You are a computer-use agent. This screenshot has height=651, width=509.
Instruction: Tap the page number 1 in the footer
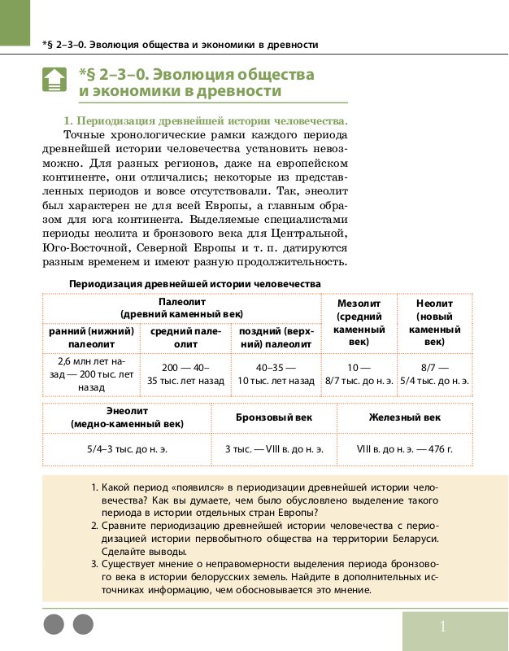click(442, 627)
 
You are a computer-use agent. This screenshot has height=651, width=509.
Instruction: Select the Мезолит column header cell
click(359, 322)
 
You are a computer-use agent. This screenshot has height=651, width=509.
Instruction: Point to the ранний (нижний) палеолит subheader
click(91, 338)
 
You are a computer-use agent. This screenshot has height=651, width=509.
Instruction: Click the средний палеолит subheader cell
click(185, 338)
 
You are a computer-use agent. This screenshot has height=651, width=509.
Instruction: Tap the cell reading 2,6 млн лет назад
click(91, 374)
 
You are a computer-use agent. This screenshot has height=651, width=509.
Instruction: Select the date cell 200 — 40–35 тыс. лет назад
click(185, 374)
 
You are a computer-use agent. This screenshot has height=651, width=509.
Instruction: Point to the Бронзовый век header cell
click(273, 417)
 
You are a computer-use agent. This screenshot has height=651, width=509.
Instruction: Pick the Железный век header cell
click(405, 417)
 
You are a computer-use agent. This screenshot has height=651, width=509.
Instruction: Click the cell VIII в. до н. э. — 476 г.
click(405, 448)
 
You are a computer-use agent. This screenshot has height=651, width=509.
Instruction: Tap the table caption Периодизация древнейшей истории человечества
click(195, 283)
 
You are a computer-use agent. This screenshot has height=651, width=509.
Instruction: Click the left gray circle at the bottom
click(53, 625)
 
